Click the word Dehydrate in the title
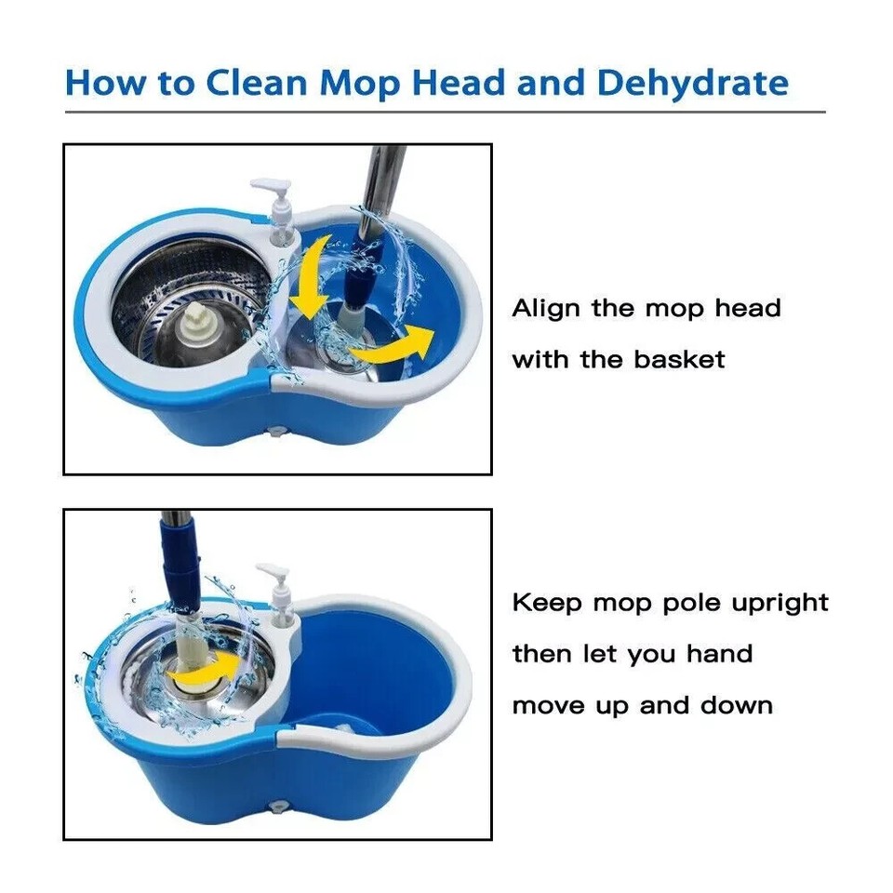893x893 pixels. click(x=692, y=82)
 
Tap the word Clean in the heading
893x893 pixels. click(x=257, y=82)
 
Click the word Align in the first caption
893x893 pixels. click(x=546, y=309)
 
